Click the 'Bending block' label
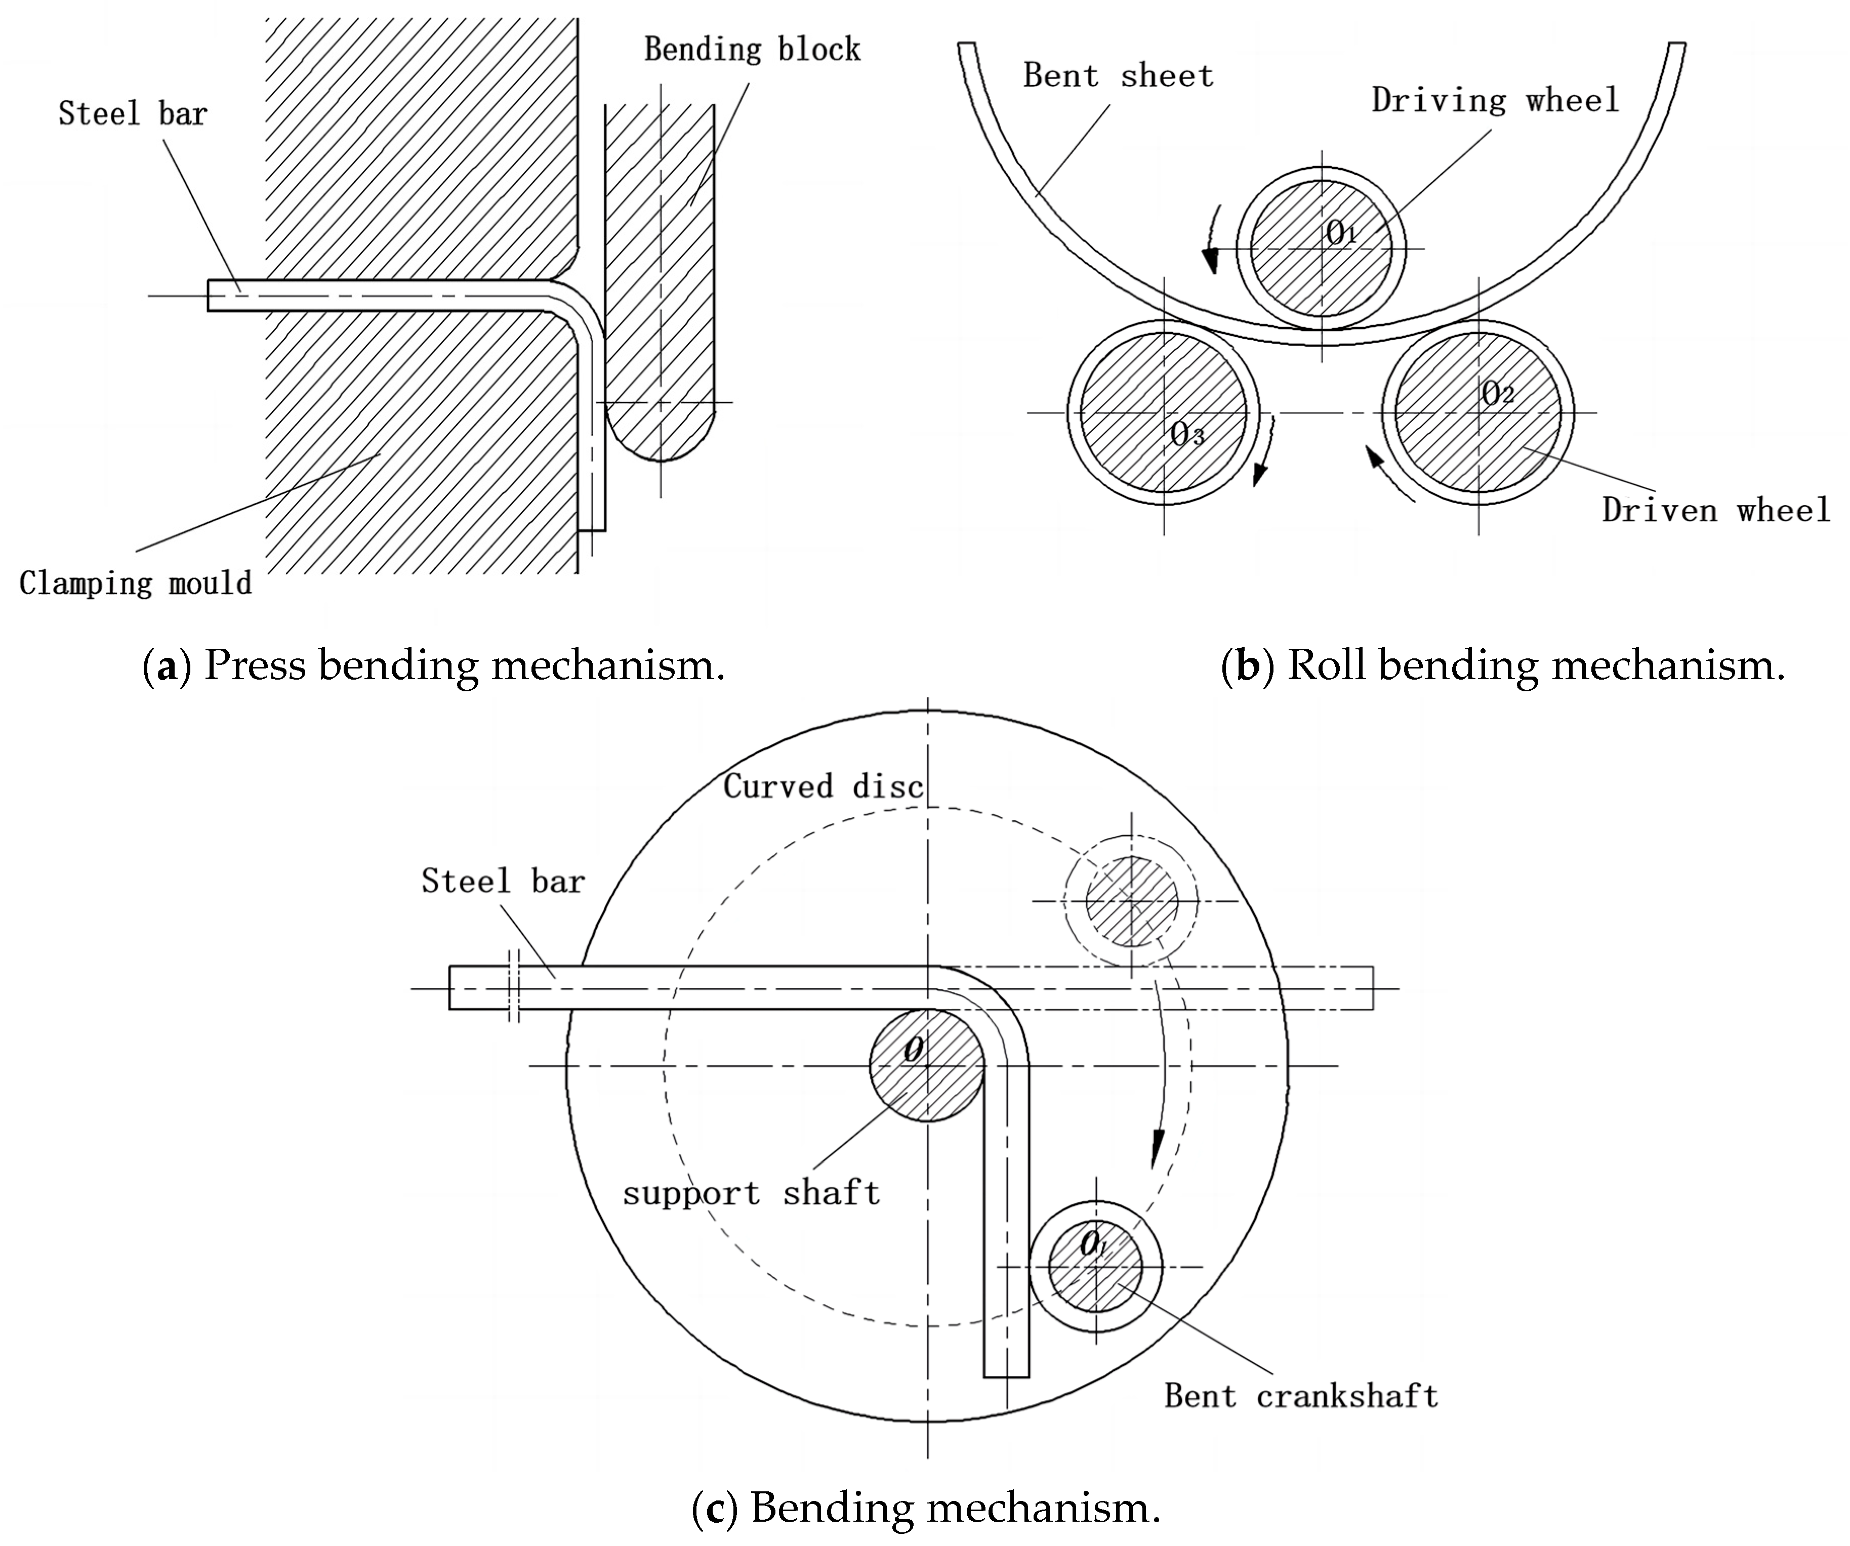pyautogui.click(x=752, y=49)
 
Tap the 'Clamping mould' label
pyautogui.click(x=135, y=583)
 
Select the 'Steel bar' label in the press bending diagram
pyautogui.click(x=132, y=114)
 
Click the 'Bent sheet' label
pyautogui.click(x=1117, y=76)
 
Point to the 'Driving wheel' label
pyautogui.click(x=1495, y=100)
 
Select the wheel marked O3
pyautogui.click(x=1164, y=412)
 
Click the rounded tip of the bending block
pyautogui.click(x=660, y=440)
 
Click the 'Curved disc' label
pyautogui.click(x=823, y=786)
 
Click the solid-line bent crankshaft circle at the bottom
pyautogui.click(x=1095, y=1267)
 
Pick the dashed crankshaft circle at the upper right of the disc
pyautogui.click(x=1131, y=900)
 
